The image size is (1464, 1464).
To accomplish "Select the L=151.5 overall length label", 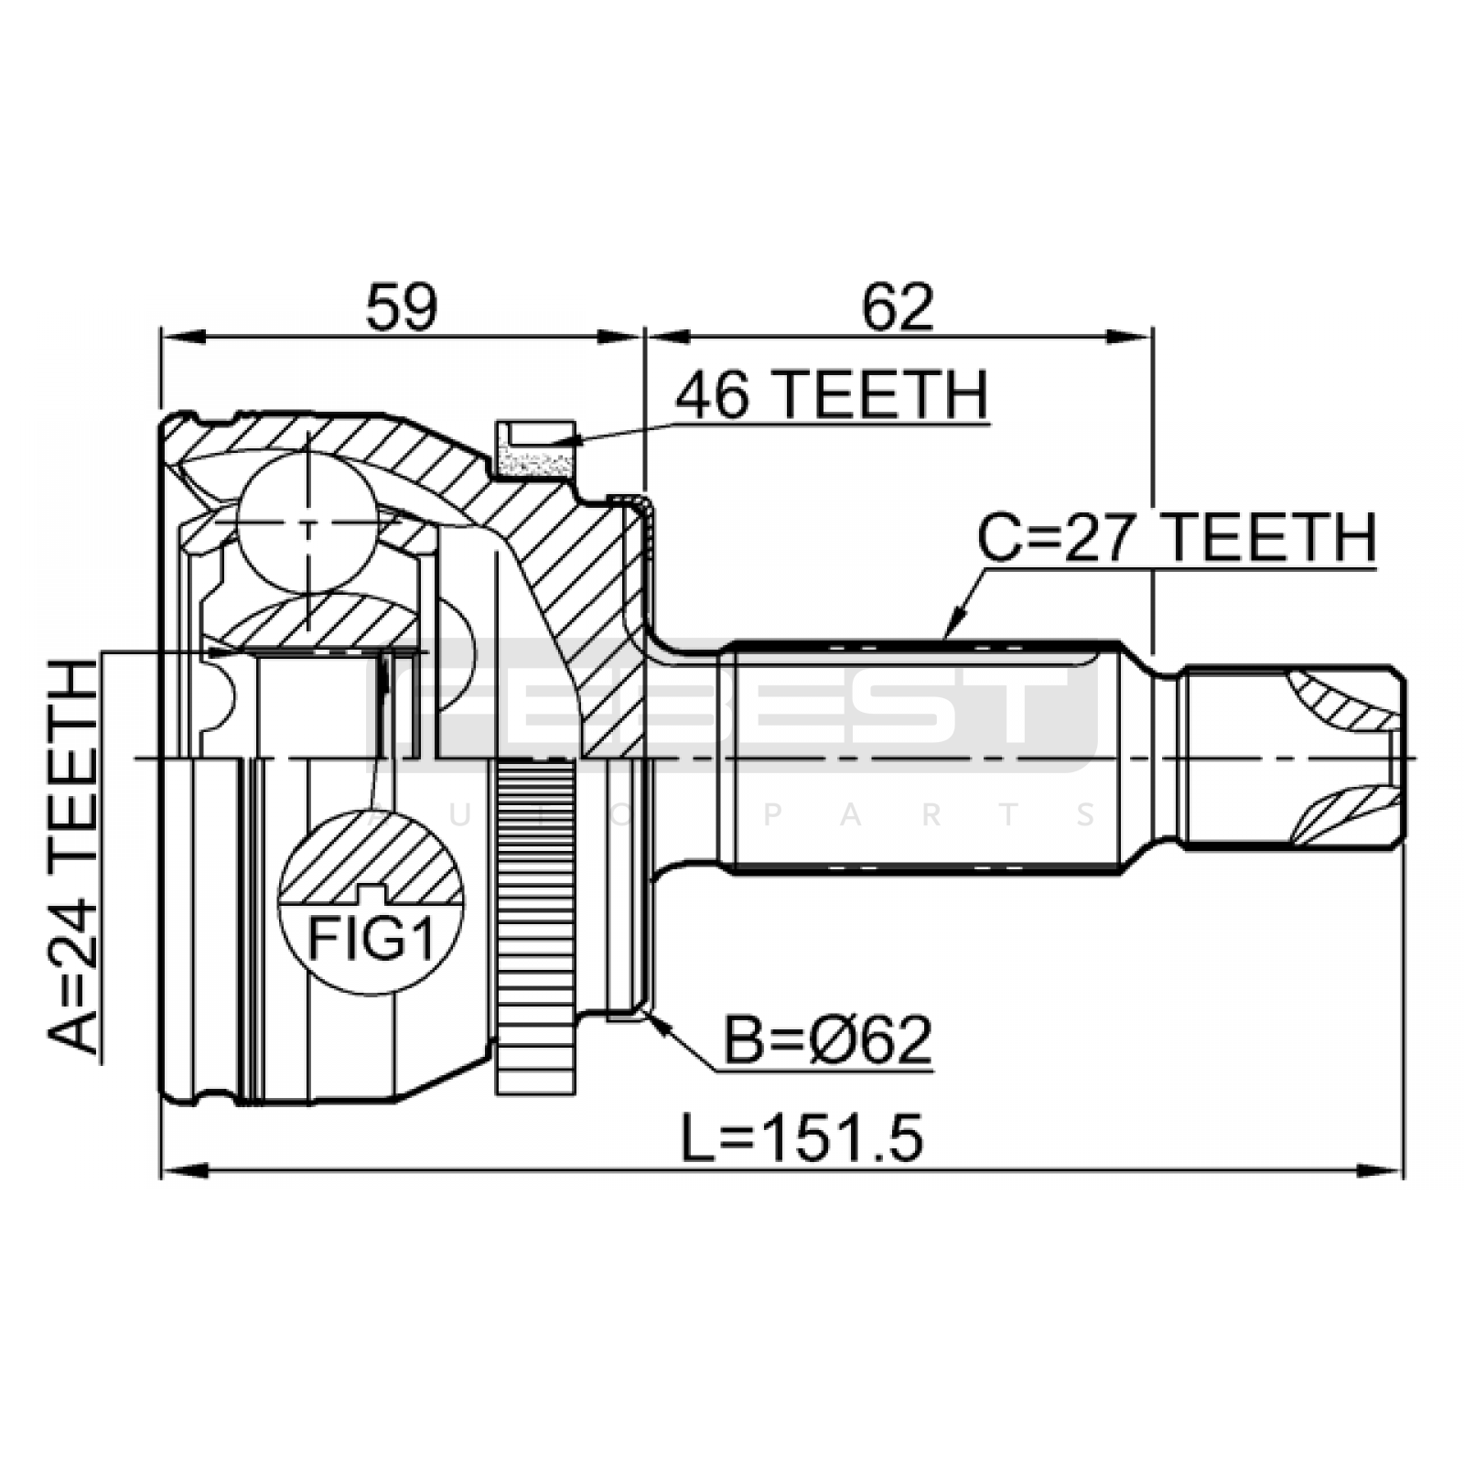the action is click(802, 1139).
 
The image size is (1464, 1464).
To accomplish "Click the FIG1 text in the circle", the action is click(371, 938).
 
